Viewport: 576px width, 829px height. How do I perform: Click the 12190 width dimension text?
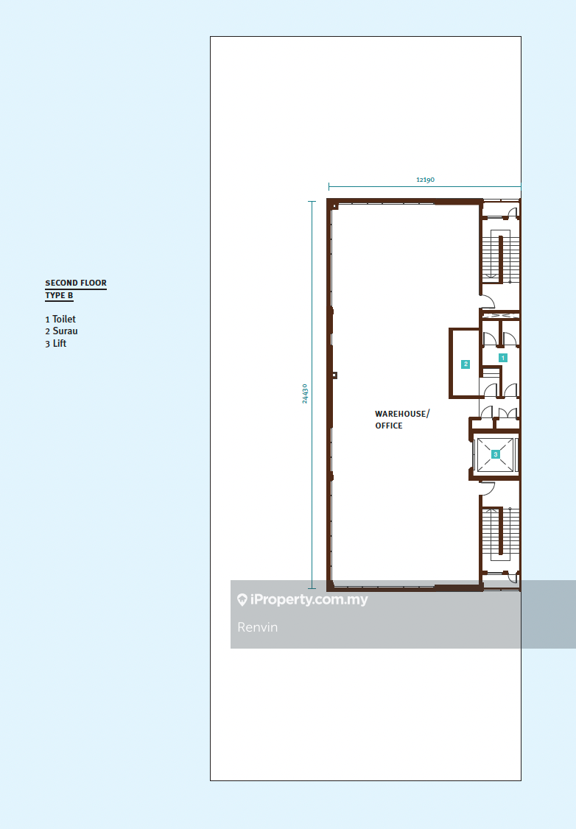[425, 179]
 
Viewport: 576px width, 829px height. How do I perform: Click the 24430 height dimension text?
[305, 394]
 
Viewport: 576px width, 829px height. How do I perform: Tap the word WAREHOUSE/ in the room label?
[401, 414]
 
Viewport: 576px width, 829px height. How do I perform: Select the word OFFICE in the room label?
[389, 426]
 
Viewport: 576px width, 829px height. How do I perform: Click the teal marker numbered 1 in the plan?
[503, 357]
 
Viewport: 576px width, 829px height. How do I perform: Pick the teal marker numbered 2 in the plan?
[466, 364]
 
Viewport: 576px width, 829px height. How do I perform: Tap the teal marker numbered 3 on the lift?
[496, 454]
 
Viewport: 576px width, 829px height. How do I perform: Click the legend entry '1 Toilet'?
[60, 320]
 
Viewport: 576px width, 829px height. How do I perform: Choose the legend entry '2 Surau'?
[61, 331]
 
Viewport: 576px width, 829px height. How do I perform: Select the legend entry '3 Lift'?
[56, 343]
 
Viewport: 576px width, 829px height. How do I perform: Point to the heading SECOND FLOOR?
[76, 283]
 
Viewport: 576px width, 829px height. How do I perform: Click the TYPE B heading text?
[59, 295]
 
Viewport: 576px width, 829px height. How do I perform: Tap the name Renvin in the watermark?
[258, 627]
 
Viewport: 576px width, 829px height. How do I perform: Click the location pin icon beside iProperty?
[242, 600]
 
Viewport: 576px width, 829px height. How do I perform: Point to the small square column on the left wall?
[334, 375]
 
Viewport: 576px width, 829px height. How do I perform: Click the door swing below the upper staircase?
[487, 301]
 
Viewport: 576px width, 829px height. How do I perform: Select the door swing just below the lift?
[487, 487]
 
